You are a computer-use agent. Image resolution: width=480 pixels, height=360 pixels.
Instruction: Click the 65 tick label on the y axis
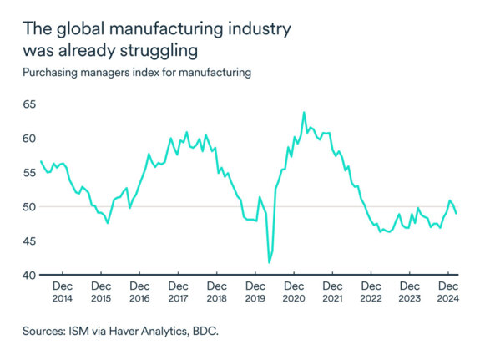coord(29,104)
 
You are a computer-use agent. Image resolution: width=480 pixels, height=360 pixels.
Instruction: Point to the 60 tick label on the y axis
coord(29,139)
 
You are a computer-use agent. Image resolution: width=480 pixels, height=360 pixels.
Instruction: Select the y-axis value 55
coord(29,173)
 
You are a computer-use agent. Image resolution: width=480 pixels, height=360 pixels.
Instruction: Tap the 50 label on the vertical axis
coord(29,207)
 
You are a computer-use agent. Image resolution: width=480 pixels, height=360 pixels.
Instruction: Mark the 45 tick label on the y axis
coord(29,241)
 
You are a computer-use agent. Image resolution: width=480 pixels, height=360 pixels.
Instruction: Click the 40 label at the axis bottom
coord(29,276)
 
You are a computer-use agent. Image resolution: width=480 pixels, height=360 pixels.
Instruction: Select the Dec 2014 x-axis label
coord(63,292)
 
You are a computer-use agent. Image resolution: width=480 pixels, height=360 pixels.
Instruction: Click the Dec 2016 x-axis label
coord(139,292)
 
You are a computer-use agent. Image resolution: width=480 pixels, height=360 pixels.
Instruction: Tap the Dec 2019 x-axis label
coord(255,292)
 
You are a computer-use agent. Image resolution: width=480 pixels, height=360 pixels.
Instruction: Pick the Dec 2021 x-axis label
coord(331,292)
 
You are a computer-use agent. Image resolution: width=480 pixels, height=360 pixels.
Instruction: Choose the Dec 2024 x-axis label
coord(447,292)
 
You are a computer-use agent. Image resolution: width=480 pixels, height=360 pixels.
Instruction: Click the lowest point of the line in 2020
coord(269,262)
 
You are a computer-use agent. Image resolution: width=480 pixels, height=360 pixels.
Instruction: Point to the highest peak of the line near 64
coord(304,113)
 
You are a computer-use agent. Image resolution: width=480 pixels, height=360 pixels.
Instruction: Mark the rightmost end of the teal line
coord(456,214)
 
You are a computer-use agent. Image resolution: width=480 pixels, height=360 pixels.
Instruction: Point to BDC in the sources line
coord(203,331)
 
